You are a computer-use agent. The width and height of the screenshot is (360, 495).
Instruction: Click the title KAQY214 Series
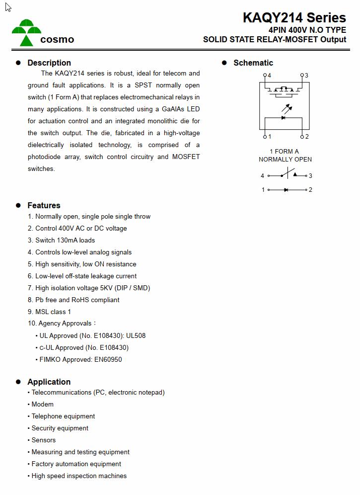tap(294, 18)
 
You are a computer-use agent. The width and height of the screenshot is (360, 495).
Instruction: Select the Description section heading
tap(49, 63)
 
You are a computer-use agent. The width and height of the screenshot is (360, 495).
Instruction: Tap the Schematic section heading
tap(253, 63)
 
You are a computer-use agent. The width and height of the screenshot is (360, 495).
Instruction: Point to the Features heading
tap(44, 205)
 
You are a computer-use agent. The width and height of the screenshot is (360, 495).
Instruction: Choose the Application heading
tap(49, 382)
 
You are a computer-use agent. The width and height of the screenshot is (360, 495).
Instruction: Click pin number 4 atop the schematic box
tap(269, 76)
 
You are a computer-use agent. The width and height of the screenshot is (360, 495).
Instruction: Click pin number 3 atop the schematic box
tap(306, 76)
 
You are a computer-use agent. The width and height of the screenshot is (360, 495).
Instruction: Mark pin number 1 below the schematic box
tap(269, 137)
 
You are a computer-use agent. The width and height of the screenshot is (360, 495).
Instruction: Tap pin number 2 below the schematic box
tap(307, 137)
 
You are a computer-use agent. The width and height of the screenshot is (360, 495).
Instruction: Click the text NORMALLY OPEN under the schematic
tap(285, 160)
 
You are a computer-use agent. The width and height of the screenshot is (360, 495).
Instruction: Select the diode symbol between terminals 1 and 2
tap(286, 190)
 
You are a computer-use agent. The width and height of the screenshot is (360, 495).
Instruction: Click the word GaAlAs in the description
tap(174, 109)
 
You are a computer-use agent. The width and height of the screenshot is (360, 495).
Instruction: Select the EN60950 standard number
tap(108, 359)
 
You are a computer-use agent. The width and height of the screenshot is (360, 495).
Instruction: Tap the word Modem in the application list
tap(42, 404)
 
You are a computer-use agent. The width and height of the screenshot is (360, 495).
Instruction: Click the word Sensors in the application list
tap(44, 440)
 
